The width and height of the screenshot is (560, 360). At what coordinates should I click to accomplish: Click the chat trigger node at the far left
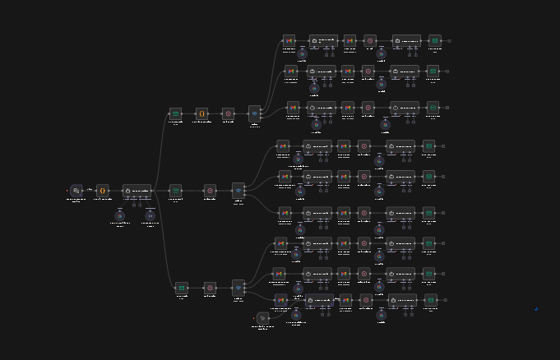76,191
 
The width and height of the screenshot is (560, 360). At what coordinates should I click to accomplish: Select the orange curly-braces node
102,191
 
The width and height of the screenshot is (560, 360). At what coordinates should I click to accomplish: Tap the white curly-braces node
201,113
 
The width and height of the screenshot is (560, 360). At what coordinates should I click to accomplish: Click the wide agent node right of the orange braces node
137,191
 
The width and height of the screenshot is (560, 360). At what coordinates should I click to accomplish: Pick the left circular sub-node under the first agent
119,215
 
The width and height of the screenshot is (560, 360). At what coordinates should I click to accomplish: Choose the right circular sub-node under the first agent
150,215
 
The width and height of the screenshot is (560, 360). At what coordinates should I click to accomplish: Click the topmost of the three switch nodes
254,113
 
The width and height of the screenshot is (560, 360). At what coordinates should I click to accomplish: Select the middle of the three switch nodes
238,191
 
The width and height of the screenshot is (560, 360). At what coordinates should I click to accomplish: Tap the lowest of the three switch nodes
238,288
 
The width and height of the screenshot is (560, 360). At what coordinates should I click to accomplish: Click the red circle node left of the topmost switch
228,113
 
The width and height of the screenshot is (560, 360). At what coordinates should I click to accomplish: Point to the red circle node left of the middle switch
210,191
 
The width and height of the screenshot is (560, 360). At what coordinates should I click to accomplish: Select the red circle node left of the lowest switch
210,288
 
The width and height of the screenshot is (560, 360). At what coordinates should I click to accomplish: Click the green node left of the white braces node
175,113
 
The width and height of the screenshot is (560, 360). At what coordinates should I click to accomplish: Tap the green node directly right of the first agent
175,191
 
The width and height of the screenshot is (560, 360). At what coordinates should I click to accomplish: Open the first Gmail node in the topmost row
289,40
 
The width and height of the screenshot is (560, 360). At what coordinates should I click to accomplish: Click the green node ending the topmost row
434,40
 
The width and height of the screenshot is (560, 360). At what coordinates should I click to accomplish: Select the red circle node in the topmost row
370,40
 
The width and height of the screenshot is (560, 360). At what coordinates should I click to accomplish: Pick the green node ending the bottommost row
430,300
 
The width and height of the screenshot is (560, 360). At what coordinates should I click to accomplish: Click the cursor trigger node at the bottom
262,317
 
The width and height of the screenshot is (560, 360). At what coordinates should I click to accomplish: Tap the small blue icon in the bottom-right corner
536,309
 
